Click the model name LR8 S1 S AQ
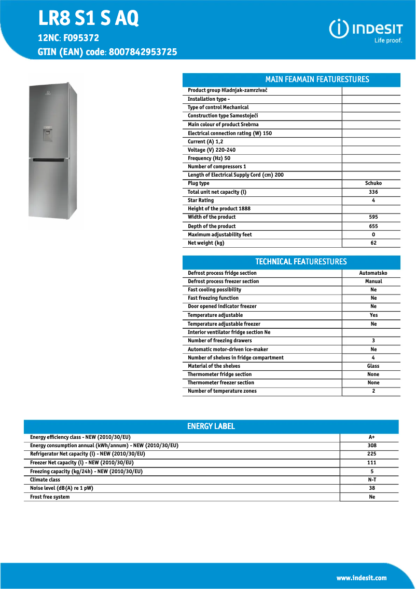coord(89,19)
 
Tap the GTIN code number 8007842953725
coord(143,52)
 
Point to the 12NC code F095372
coord(81,38)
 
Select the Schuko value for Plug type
coord(373,183)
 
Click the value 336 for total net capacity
coord(373,192)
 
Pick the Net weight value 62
coord(373,243)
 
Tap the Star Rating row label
coord(201,200)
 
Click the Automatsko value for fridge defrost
coord(373,273)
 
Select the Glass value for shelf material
coord(373,366)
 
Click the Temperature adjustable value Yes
coord(373,315)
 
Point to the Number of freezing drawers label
coord(220,341)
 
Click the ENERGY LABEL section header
coord(211,426)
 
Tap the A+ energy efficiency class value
coord(371,437)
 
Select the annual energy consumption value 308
coord(371,446)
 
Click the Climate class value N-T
coord(371,480)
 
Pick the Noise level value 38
coord(371,488)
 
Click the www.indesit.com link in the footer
coord(362,578)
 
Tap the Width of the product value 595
coord(373,217)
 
